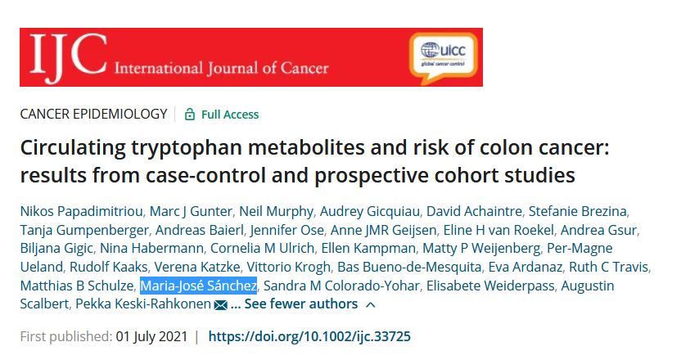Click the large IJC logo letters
pyautogui.click(x=65, y=56)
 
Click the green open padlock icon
pyautogui.click(x=190, y=115)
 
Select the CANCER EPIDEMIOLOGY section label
pyautogui.click(x=93, y=115)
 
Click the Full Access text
pyautogui.click(x=230, y=115)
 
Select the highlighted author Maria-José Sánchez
pyautogui.click(x=199, y=286)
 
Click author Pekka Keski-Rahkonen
pyautogui.click(x=142, y=304)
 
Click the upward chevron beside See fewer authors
pyautogui.click(x=370, y=304)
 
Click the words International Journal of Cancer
pyautogui.click(x=223, y=67)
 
